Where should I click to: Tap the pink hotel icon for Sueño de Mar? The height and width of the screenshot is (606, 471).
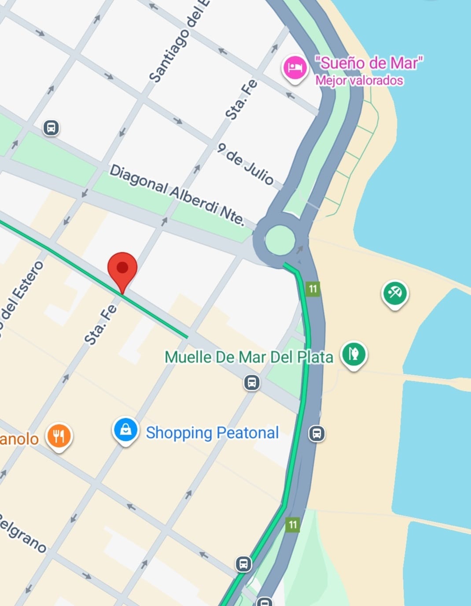pyautogui.click(x=294, y=67)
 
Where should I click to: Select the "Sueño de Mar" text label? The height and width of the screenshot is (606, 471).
pyautogui.click(x=369, y=63)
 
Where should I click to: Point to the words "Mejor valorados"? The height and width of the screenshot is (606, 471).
pyautogui.click(x=359, y=81)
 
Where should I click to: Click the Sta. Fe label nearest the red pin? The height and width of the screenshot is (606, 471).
pyautogui.click(x=101, y=324)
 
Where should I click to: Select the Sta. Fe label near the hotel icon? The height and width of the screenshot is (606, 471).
pyautogui.click(x=241, y=100)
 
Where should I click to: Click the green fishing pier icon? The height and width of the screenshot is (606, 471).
pyautogui.click(x=354, y=354)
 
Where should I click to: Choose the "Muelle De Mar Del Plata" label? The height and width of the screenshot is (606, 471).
pyautogui.click(x=249, y=357)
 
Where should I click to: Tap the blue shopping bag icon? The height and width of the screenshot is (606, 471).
pyautogui.click(x=126, y=430)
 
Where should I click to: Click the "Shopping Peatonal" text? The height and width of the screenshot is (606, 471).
pyautogui.click(x=212, y=432)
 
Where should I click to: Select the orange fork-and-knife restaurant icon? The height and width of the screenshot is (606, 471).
pyautogui.click(x=59, y=436)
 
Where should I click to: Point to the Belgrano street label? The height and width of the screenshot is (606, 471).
pyautogui.click(x=22, y=533)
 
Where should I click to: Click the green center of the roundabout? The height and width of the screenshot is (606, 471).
pyautogui.click(x=280, y=240)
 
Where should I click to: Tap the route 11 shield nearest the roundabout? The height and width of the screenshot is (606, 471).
pyautogui.click(x=313, y=289)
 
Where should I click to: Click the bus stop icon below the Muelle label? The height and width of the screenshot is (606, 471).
pyautogui.click(x=252, y=382)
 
